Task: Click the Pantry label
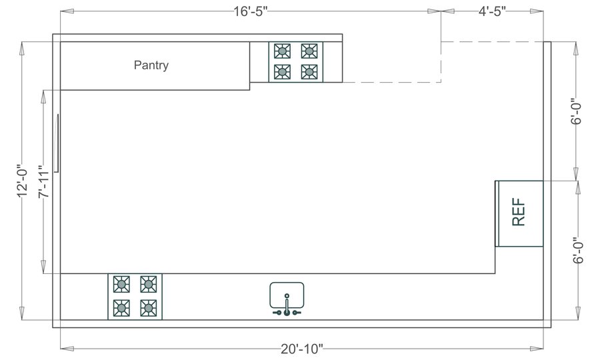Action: (151, 65)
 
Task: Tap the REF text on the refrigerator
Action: (519, 213)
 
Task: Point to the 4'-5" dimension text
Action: (492, 11)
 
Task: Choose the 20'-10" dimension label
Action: (301, 349)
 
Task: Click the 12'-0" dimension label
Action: (23, 181)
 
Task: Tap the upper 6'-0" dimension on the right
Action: (577, 111)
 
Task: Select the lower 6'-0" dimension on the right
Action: (577, 250)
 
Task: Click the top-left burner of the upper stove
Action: (283, 51)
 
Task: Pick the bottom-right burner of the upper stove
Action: (309, 71)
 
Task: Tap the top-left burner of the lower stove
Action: (121, 283)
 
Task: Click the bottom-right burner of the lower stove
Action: (148, 308)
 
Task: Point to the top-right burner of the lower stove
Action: (148, 283)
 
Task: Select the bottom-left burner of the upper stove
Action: (283, 71)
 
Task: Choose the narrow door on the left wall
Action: (57, 143)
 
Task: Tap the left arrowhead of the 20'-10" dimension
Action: (64, 347)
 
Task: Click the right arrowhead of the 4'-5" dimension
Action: (539, 11)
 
